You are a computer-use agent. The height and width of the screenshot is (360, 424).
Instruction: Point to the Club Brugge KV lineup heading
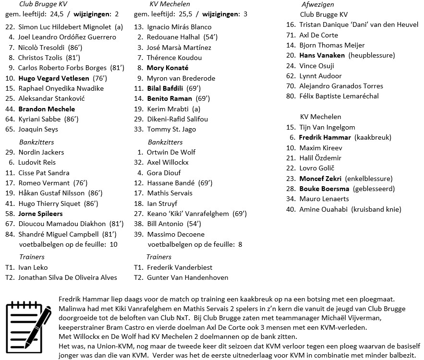coord(43,4)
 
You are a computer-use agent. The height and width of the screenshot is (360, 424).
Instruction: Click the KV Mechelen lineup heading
coord(169,4)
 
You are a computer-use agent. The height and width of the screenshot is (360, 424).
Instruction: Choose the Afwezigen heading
coord(315,4)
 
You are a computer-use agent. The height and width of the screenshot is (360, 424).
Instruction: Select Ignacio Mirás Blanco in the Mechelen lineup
coord(179,27)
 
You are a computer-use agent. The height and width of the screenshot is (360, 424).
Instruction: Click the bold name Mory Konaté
coord(167,68)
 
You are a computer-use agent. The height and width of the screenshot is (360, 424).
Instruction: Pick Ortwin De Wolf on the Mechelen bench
coord(171,152)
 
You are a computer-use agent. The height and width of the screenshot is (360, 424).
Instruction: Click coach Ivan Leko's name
coord(33,267)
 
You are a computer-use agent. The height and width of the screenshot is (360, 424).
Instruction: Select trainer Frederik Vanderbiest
coord(180,267)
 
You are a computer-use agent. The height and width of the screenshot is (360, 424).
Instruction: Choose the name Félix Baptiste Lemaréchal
coord(339,96)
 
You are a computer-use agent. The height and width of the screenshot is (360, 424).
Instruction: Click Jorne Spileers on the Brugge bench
coord(40,214)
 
